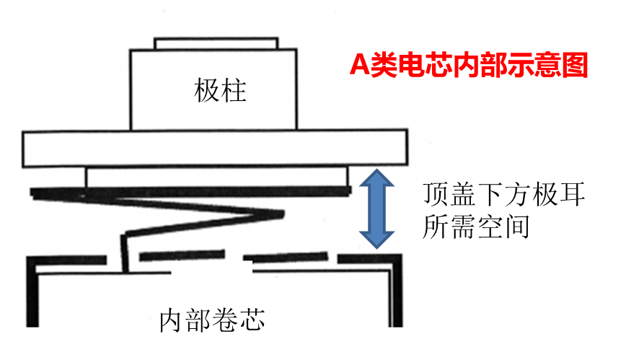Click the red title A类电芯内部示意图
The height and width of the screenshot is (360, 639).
[x=469, y=66]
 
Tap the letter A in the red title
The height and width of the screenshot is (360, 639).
[x=359, y=66]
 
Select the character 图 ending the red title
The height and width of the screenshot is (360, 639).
[x=575, y=66]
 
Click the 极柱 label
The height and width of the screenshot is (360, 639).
[x=220, y=92]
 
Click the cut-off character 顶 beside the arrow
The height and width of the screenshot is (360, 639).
[x=431, y=194]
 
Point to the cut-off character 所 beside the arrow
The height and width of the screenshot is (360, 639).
[x=431, y=228]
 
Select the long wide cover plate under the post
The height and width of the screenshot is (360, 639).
[x=213, y=149]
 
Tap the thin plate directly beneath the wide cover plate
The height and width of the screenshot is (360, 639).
[x=217, y=177]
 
